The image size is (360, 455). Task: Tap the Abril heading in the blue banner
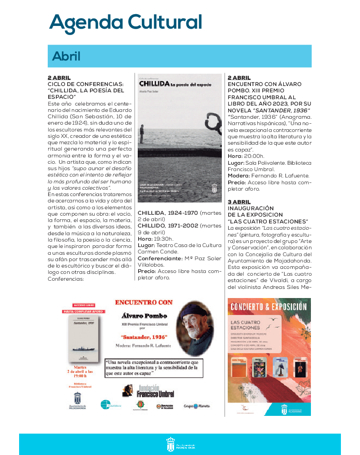tap(66, 56)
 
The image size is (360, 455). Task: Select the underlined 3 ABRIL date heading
tap(239, 202)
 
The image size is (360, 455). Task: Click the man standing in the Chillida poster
tap(142, 133)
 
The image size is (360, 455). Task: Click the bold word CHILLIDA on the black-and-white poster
tap(154, 84)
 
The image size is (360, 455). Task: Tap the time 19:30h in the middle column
tap(163, 238)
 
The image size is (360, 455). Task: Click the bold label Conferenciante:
tap(160, 258)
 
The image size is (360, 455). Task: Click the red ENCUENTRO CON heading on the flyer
tap(144, 302)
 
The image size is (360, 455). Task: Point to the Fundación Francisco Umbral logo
tap(141, 390)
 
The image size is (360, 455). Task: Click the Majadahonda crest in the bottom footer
tap(171, 444)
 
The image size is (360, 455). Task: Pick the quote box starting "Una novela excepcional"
tap(154, 367)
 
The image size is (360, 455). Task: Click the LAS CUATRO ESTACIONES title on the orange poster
tap(245, 325)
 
